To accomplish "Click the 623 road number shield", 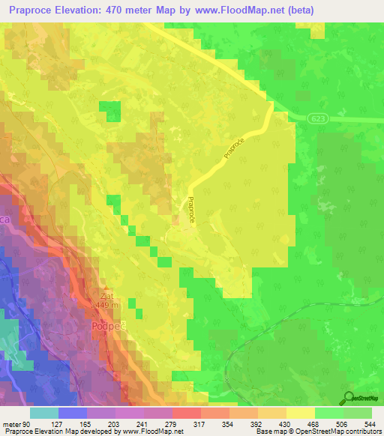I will pos(316,118).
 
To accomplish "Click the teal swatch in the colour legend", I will pos(44,414).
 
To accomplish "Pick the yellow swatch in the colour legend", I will pos(301,414).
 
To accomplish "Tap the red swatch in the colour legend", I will pos(187,414).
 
